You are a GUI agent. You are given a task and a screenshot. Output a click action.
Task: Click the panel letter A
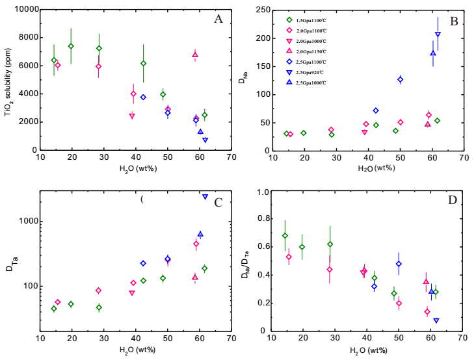218,19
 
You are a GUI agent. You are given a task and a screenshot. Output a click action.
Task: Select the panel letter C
218,202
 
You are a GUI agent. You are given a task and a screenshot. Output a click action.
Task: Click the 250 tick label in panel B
263,10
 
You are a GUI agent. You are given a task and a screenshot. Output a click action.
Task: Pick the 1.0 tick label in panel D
263,192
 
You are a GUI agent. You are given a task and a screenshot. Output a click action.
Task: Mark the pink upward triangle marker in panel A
195,55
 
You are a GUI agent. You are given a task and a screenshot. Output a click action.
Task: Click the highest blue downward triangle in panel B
438,34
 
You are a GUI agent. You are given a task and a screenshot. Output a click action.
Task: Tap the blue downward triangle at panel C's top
205,196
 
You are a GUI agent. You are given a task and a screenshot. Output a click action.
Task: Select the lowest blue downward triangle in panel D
436,320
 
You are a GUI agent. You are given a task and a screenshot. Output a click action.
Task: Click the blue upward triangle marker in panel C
200,234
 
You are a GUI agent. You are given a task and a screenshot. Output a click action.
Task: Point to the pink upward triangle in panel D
426,281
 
